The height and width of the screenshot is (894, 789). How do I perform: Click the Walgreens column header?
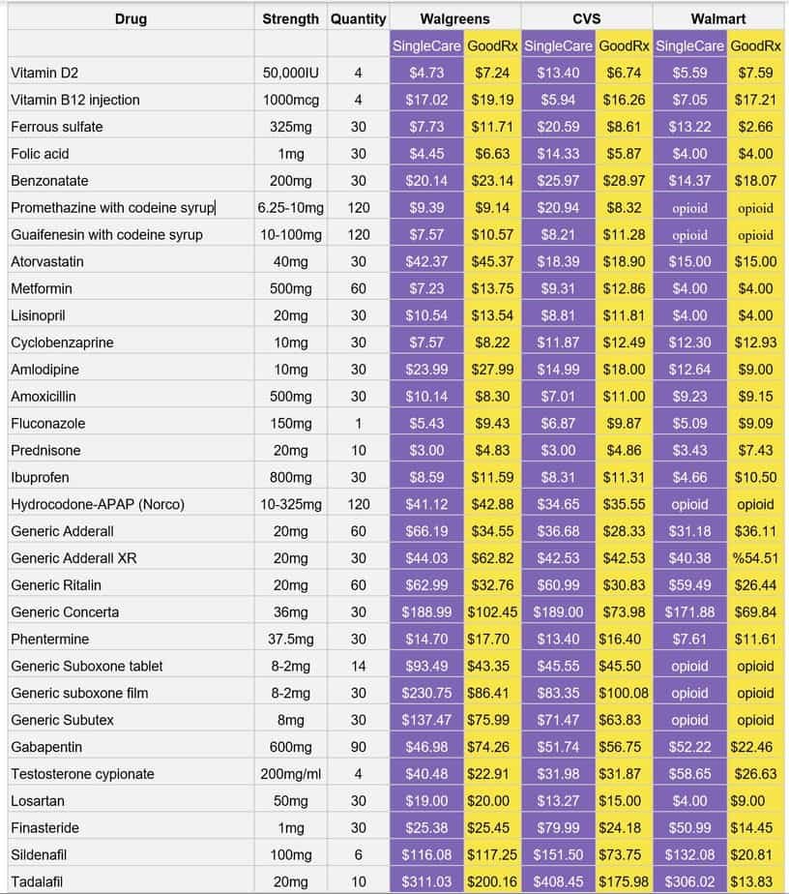(x=454, y=18)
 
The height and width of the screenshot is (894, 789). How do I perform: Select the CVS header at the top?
(x=587, y=18)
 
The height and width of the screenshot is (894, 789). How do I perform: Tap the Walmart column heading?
(x=718, y=18)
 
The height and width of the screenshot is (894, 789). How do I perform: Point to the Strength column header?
(x=290, y=18)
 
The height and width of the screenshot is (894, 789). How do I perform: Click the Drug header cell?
(x=131, y=18)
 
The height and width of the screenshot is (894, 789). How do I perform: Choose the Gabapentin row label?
(x=45, y=747)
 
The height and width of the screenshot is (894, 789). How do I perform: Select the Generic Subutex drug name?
(x=62, y=720)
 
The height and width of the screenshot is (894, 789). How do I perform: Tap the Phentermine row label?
(x=49, y=639)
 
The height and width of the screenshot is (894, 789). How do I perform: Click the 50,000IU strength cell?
(x=290, y=73)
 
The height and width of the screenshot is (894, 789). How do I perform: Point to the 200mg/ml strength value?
(x=290, y=774)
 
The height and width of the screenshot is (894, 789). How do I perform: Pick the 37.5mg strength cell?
(x=290, y=639)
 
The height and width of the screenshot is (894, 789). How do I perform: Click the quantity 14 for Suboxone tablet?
(x=358, y=666)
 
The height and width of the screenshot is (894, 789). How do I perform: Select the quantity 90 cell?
(x=358, y=747)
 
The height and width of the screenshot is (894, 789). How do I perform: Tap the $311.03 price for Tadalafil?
(x=426, y=882)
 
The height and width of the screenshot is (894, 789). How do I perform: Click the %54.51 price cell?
(x=755, y=558)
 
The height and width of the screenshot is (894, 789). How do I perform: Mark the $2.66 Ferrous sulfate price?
(x=755, y=127)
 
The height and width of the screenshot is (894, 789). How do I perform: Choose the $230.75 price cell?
(x=426, y=693)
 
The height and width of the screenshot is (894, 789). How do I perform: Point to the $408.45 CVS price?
(x=559, y=882)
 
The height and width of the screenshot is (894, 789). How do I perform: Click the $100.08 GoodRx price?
(x=624, y=693)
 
